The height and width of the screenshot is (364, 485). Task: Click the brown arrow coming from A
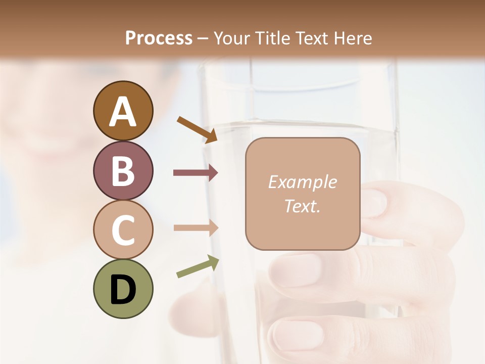click(197, 129)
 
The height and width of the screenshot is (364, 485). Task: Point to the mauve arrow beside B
click(196, 173)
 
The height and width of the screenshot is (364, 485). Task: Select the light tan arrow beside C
click(196, 227)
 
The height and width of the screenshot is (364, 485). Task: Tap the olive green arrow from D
click(198, 267)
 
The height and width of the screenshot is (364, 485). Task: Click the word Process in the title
click(159, 38)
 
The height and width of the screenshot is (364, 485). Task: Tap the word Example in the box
click(302, 182)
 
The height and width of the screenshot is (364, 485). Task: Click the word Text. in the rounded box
click(302, 206)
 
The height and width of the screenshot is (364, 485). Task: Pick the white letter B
click(123, 171)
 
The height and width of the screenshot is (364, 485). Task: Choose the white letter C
click(123, 230)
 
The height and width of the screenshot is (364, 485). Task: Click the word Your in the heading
click(230, 38)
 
